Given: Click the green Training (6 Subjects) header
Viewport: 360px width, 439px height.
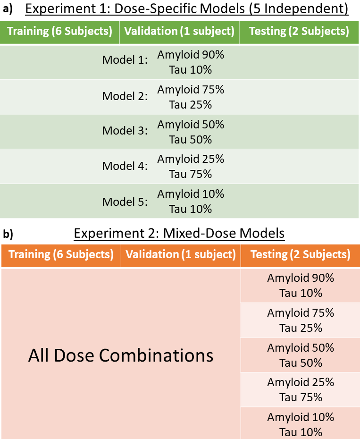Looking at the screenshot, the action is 59,31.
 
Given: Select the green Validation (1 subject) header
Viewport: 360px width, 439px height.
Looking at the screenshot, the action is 179,31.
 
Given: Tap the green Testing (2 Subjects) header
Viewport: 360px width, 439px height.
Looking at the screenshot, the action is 299,31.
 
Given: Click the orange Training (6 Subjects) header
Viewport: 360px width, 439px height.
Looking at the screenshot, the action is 61,254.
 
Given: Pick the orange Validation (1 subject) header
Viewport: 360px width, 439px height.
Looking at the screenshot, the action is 181,254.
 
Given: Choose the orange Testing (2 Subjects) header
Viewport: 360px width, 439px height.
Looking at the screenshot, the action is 301,254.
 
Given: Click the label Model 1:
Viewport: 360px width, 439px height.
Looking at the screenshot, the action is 125,59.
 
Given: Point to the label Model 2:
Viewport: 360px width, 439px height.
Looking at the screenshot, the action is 125,96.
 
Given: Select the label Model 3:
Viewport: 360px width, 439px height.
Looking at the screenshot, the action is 125,130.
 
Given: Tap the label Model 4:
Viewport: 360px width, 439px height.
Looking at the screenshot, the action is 125,166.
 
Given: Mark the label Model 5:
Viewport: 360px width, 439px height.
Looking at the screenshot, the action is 125,202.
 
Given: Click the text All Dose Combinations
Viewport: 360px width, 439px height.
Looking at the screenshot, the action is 121,355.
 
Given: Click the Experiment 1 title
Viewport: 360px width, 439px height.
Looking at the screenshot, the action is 187,8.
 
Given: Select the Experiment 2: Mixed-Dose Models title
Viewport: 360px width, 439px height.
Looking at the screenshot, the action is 179,233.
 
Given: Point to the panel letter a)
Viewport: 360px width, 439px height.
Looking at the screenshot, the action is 8,9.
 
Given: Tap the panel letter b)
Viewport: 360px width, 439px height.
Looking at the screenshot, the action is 8,234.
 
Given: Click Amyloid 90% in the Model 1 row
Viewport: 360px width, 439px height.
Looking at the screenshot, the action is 191,55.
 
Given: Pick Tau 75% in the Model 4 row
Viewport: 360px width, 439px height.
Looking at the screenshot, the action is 190,174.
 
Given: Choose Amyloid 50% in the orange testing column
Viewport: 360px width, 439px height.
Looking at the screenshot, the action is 301,348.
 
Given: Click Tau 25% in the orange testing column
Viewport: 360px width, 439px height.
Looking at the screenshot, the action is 301,328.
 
